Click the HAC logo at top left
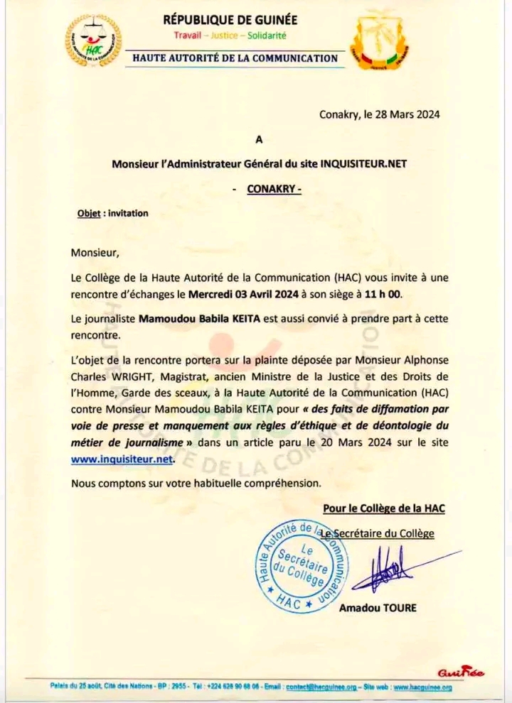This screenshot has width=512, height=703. [x=93, y=41]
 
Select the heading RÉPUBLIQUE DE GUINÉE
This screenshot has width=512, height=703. [x=230, y=20]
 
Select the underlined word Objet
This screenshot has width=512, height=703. [x=88, y=213]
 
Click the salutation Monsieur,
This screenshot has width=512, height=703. [x=96, y=251]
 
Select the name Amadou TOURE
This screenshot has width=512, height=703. [x=378, y=607]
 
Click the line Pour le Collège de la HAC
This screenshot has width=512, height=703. [x=384, y=508]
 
